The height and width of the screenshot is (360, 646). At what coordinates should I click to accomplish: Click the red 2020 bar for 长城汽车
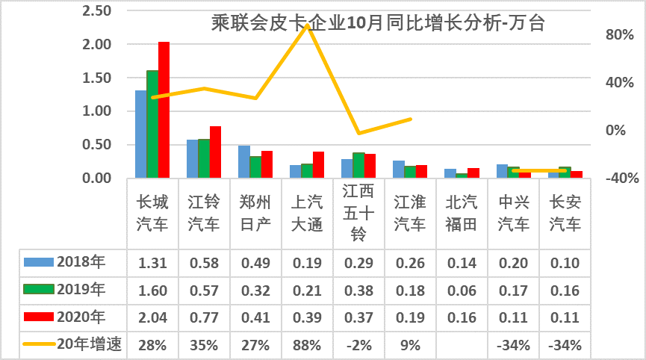pyautogui.click(x=164, y=110)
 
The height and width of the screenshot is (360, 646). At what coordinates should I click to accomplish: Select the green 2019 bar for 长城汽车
pyautogui.click(x=152, y=124)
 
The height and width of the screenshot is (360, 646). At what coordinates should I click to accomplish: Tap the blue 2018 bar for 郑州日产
pyautogui.click(x=243, y=161)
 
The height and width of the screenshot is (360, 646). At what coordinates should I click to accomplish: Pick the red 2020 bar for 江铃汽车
pyautogui.click(x=215, y=152)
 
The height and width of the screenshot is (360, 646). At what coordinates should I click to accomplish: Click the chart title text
pyautogui.click(x=378, y=23)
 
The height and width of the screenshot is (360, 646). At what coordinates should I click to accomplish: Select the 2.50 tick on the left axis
pyautogui.click(x=96, y=11)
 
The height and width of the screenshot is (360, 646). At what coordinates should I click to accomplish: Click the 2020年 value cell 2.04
pyautogui.click(x=152, y=317)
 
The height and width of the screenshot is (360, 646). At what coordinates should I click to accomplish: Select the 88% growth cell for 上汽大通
pyautogui.click(x=307, y=344)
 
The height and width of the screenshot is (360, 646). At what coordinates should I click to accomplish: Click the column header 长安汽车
pyautogui.click(x=565, y=212)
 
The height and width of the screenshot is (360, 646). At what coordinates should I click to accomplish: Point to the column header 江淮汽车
pyautogui.click(x=410, y=212)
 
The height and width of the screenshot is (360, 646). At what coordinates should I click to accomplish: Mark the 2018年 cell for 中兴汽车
pyautogui.click(x=513, y=261)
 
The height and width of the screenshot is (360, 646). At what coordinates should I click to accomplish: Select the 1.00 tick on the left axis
pyautogui.click(x=96, y=111)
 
